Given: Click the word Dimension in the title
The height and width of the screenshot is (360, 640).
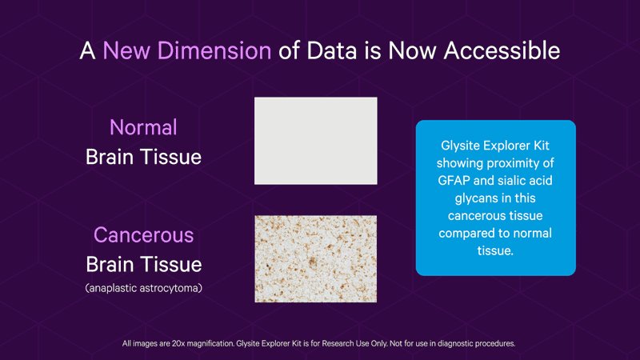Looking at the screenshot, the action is pos(214,50).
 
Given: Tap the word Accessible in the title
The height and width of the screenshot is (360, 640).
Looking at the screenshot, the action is pos(502,50).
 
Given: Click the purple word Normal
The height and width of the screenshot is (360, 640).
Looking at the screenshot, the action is pos(143,127).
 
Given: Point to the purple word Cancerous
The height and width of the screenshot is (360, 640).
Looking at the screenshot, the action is pos(144,234).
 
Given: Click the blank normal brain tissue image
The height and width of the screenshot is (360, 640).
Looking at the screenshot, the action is pos(315,141).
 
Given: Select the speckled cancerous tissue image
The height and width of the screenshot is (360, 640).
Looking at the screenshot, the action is pos(315,258).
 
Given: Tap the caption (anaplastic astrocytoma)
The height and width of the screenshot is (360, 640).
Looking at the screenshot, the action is pos(144,288).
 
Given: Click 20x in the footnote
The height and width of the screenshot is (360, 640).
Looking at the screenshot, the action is pos(178,344).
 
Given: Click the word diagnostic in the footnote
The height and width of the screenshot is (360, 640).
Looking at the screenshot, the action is pos(455,344).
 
